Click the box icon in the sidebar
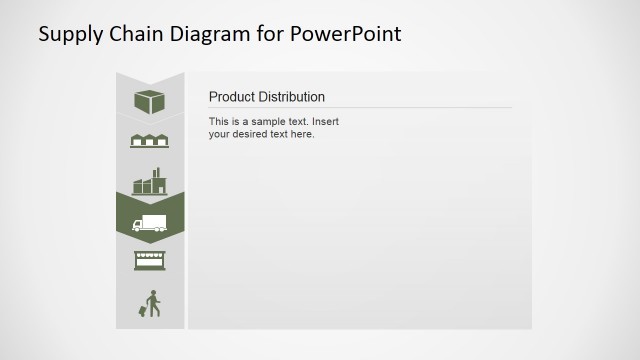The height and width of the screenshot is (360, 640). [149, 101]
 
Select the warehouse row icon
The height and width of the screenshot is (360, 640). [149, 141]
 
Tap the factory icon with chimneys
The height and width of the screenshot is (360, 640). [149, 181]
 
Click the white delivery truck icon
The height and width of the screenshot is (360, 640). [149, 223]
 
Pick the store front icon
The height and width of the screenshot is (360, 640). [149, 261]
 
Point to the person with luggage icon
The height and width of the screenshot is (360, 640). [150, 304]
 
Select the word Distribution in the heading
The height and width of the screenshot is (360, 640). [291, 97]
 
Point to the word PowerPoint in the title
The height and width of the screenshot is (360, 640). [346, 34]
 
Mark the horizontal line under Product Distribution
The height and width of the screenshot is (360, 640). [360, 107]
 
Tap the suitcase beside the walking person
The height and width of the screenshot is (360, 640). [142, 311]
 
